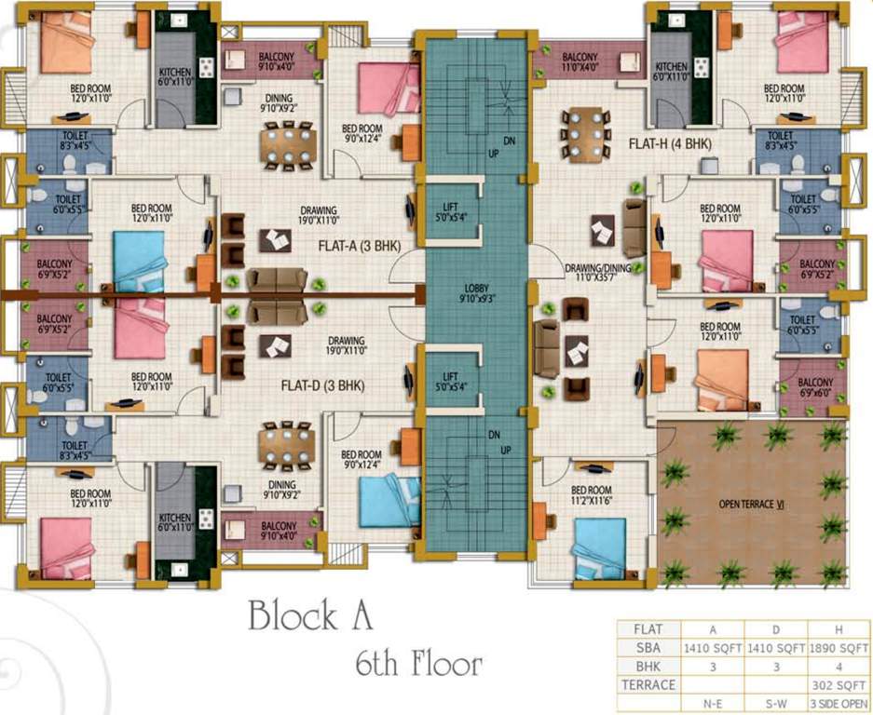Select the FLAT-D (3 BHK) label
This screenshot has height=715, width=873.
[322, 384]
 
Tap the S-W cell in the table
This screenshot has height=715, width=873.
[774, 703]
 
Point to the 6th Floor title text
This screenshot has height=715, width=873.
[418, 665]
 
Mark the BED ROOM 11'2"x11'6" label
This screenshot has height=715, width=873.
[592, 496]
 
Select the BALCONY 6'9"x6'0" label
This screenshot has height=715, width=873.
[815, 388]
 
